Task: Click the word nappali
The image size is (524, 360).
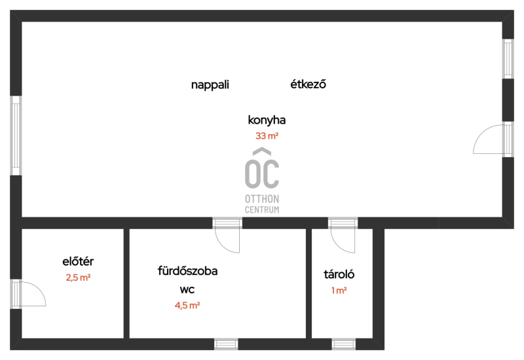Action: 210,85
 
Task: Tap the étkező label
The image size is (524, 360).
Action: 308,84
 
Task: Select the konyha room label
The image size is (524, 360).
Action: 267,120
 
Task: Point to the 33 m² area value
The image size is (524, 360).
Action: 267,136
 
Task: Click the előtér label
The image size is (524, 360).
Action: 78,261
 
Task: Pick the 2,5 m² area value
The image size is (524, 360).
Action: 78,278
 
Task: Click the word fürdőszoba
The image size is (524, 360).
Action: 187,270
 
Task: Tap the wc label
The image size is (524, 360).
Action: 187,289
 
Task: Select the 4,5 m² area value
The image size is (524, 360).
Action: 187,305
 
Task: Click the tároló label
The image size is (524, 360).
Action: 339,274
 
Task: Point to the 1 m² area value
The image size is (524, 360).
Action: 339,291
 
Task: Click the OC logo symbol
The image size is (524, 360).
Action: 261,168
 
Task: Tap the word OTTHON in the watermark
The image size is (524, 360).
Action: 262,199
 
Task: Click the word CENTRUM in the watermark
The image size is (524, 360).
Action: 262,209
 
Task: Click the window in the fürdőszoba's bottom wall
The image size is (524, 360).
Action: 226,344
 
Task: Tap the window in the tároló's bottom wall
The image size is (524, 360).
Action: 343,344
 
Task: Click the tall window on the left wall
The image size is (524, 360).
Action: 16,135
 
